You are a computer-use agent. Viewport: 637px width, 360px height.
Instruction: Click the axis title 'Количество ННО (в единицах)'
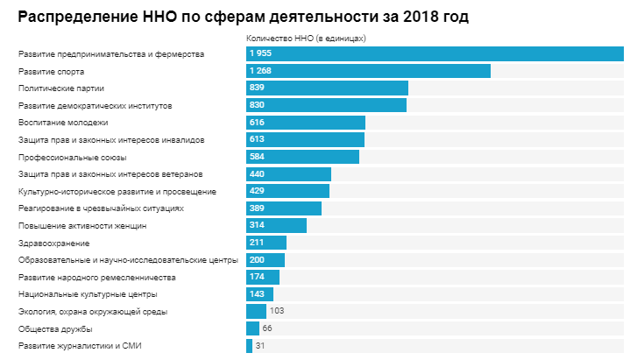(306, 39)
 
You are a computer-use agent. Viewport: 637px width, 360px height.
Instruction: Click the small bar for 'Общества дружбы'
(252, 328)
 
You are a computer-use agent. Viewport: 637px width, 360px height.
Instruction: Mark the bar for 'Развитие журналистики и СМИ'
(249, 346)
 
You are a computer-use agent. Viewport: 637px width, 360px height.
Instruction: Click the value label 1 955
(260, 54)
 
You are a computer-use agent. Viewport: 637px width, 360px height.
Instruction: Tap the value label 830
(257, 105)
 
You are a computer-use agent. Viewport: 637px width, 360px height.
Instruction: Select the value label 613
(257, 139)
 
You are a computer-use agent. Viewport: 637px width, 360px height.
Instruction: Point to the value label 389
(257, 208)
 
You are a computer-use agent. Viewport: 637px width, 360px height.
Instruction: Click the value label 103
(277, 311)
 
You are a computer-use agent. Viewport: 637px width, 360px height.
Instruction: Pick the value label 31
(260, 346)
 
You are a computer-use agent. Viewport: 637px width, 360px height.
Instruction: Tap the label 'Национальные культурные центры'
(87, 294)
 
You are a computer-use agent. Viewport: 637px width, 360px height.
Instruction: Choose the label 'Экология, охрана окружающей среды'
(92, 311)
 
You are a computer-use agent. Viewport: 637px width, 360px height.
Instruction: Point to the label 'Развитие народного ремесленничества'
(96, 277)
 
